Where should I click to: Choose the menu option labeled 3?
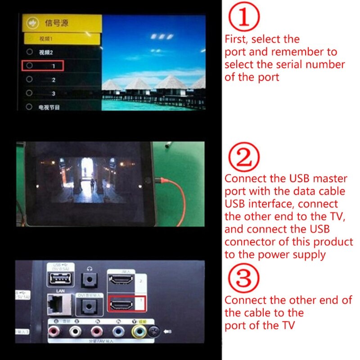(53, 94)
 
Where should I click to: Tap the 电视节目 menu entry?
(49, 107)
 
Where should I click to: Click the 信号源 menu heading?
(54, 22)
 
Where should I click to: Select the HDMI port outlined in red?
(121, 305)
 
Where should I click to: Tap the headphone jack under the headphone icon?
(91, 280)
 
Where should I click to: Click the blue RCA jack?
(118, 332)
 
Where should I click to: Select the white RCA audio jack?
(75, 332)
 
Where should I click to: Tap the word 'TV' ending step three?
(287, 325)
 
